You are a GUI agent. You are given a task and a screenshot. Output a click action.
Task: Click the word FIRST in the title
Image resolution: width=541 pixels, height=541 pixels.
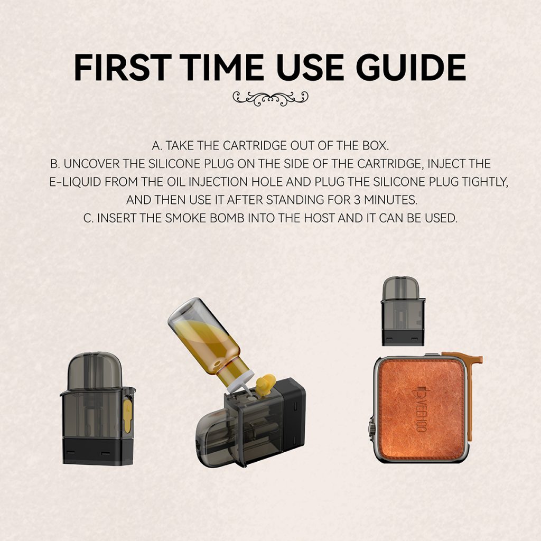pyautogui.click(x=122, y=67)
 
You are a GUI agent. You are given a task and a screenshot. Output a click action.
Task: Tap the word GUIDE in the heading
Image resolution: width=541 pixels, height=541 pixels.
pyautogui.click(x=411, y=67)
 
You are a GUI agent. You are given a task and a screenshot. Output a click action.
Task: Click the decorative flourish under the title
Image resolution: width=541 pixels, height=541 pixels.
pyautogui.click(x=270, y=98)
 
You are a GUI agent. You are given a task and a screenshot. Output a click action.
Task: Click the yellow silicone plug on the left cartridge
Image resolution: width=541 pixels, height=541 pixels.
pyautogui.click(x=127, y=416)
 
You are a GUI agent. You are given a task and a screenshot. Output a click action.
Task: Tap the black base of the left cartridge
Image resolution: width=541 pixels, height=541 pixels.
pyautogui.click(x=98, y=451)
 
